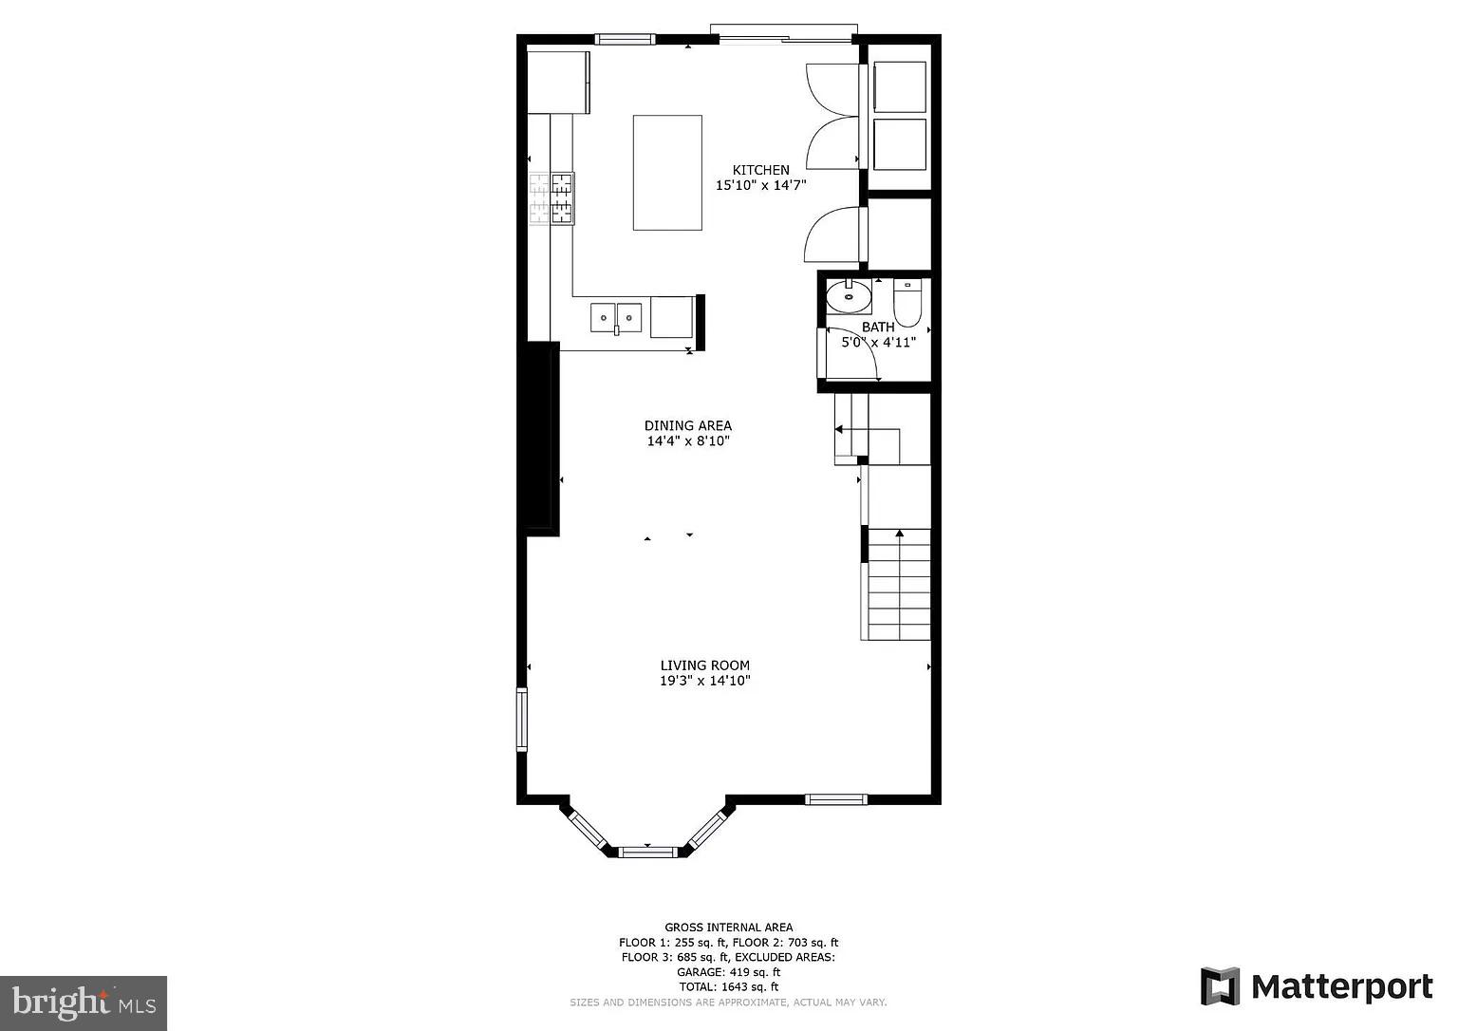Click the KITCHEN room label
tap(760, 170)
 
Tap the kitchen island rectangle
tap(667, 173)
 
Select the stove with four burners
tap(551, 198)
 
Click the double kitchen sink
tap(616, 316)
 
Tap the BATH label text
tap(877, 328)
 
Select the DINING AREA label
tap(687, 425)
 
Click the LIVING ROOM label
tap(704, 665)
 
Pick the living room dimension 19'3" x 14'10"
tap(704, 681)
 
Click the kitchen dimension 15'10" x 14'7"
tap(760, 186)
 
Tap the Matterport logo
tap(1317, 986)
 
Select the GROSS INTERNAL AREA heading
tap(728, 928)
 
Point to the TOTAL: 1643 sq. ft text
tap(728, 987)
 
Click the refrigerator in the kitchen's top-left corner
tap(558, 83)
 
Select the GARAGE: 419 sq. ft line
tap(728, 972)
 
